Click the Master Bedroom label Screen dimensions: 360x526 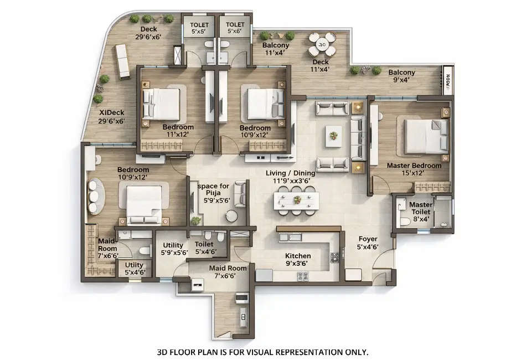pyautogui.click(x=414, y=169)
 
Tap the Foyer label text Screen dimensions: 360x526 pyautogui.click(x=367, y=243)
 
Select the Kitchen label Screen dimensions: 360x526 pyautogui.click(x=297, y=260)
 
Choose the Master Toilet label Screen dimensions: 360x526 pyautogui.click(x=421, y=209)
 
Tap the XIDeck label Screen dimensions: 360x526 pyautogui.click(x=111, y=116)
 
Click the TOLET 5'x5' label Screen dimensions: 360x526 pyautogui.click(x=199, y=28)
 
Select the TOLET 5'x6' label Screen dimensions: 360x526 pyautogui.click(x=235, y=28)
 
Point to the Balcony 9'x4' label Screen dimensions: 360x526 pyautogui.click(x=401, y=76)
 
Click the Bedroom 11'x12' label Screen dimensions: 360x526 pyautogui.click(x=178, y=131)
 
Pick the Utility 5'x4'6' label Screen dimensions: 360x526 pyautogui.click(x=134, y=269)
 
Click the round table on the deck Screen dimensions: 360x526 pyautogui.click(x=322, y=44)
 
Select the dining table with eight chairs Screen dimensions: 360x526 pyautogui.click(x=297, y=199)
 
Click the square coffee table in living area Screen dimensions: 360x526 pyautogui.click(x=333, y=133)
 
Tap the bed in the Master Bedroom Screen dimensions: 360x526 pyautogui.click(x=425, y=136)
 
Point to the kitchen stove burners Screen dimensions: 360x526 pyautogui.click(x=335, y=257)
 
